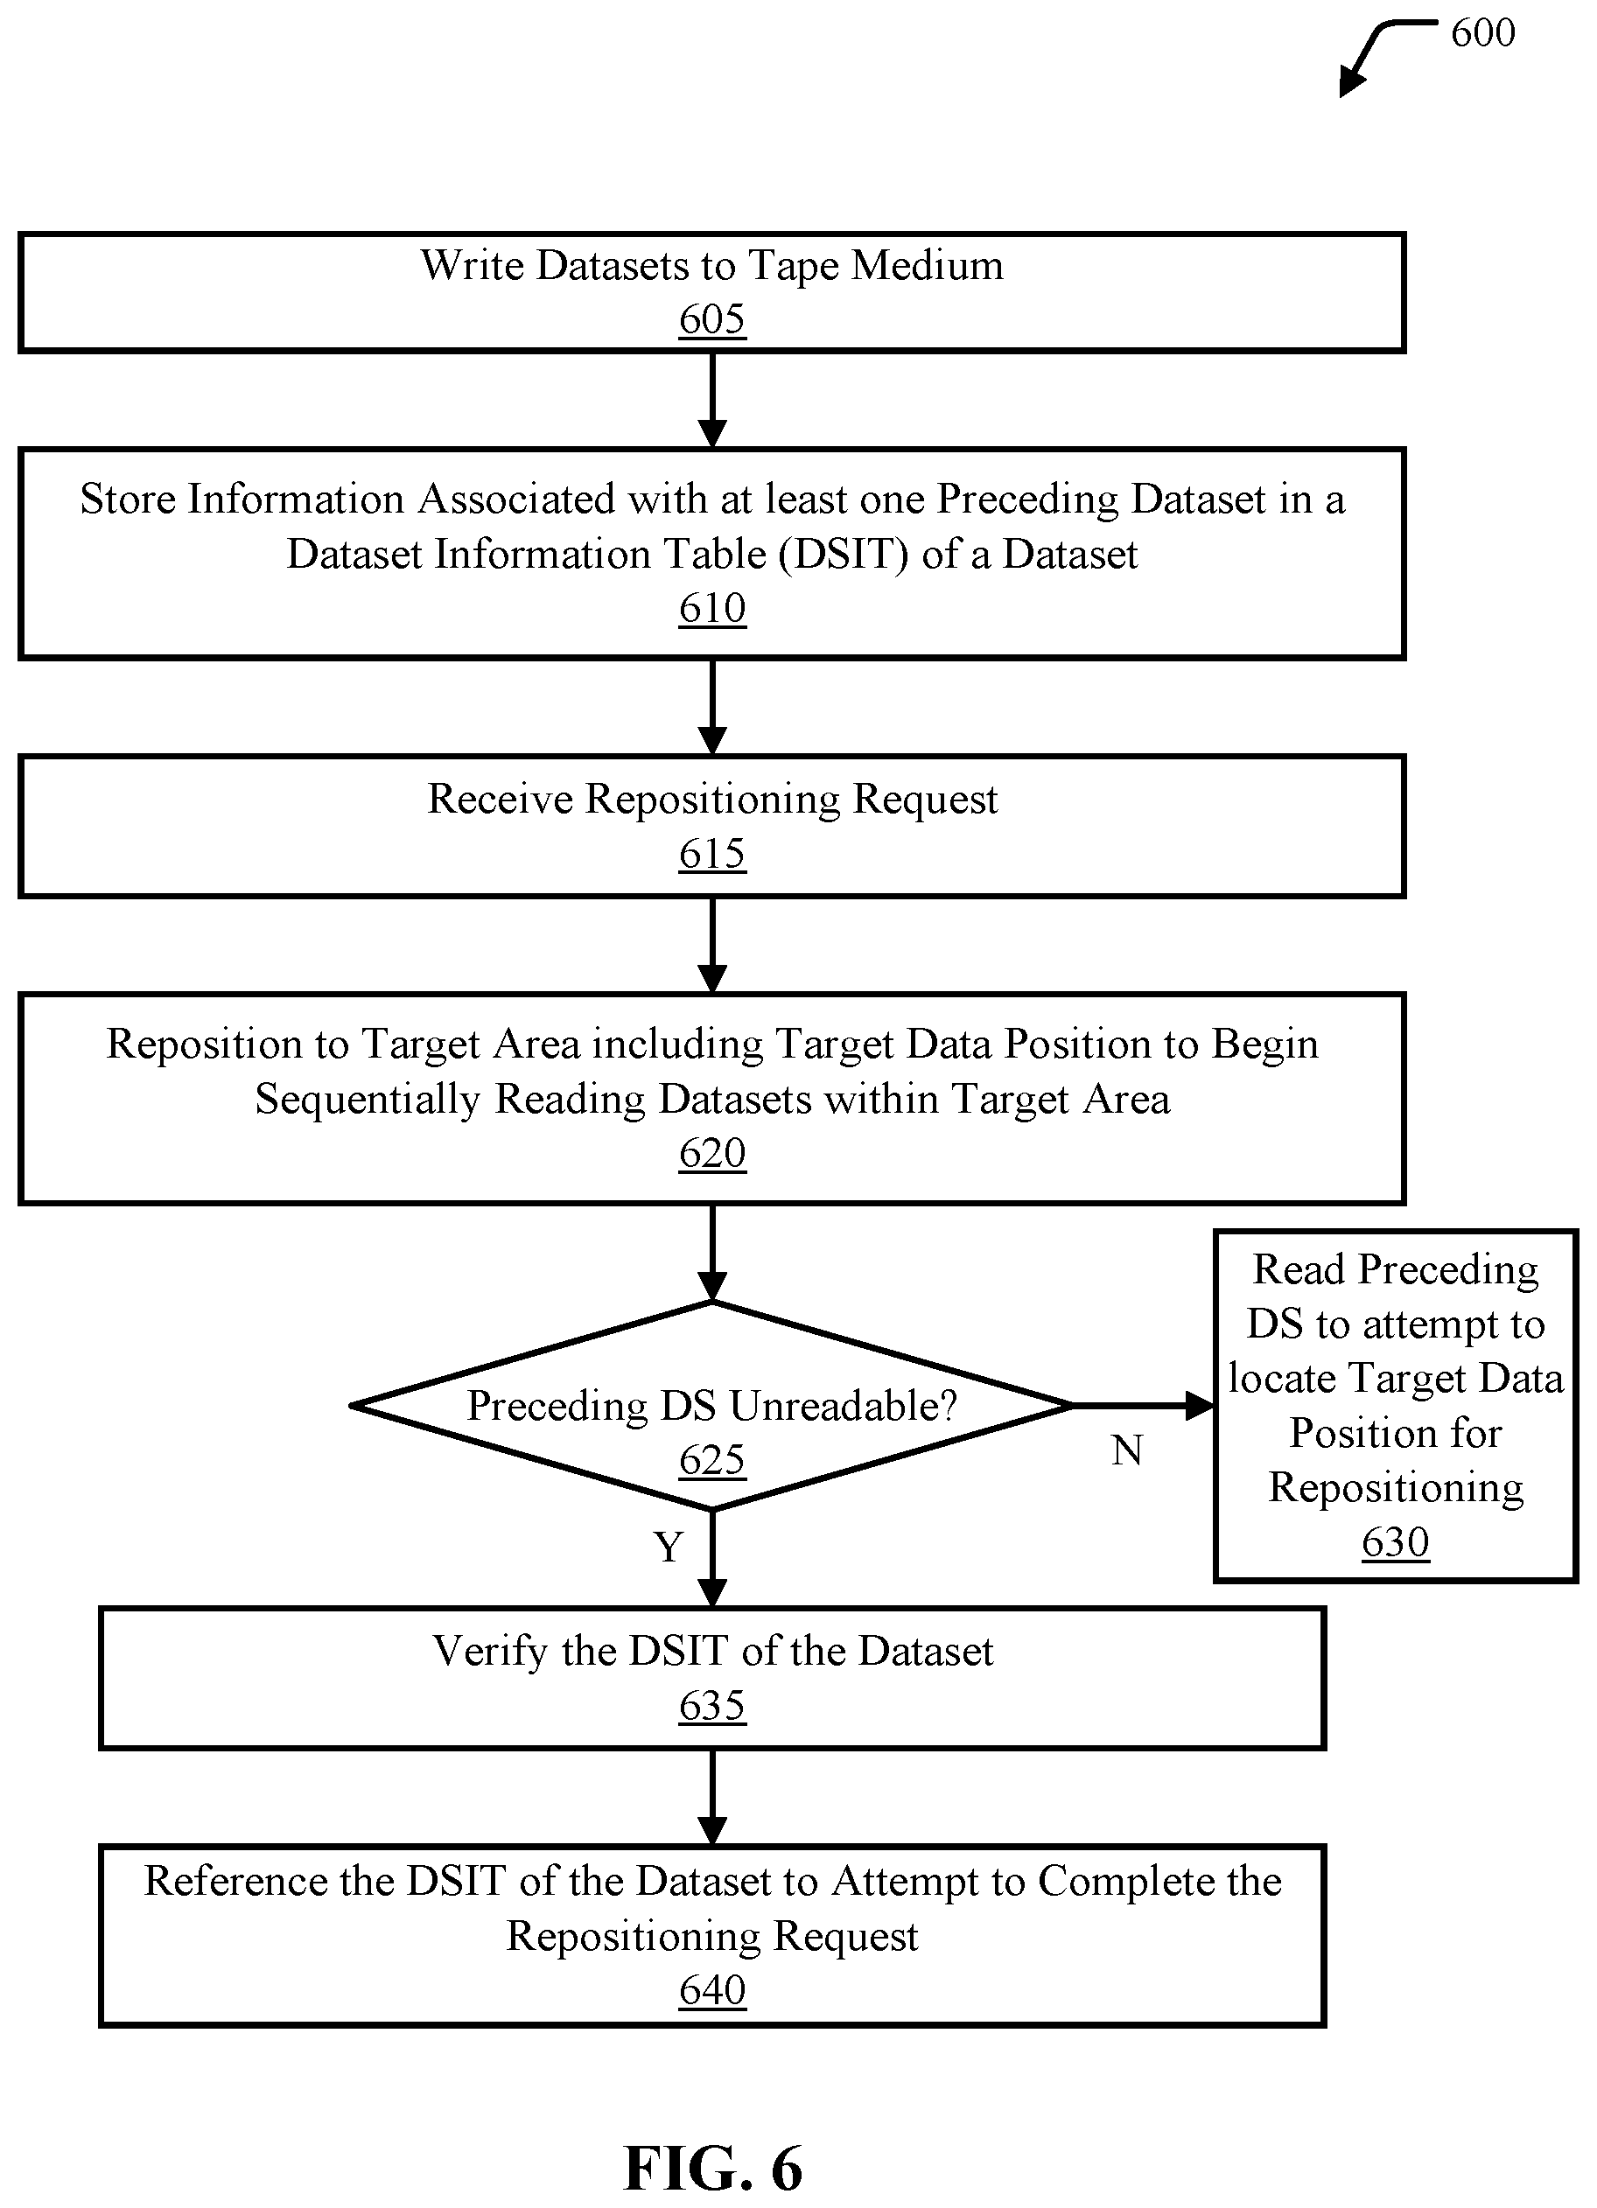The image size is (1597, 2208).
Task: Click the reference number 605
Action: [711, 319]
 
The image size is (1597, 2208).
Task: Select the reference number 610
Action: [711, 609]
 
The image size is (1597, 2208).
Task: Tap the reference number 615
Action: [711, 854]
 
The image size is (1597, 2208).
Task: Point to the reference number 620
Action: [711, 1154]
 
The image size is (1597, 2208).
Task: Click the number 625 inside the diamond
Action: [711, 1460]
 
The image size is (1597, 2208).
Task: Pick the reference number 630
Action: [1396, 1542]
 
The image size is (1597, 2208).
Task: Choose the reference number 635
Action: [711, 1706]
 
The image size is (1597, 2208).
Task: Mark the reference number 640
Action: [711, 1990]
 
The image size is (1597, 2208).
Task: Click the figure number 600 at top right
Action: [1483, 33]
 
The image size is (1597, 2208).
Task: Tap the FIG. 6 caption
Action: [713, 2168]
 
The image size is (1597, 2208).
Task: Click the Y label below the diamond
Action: [668, 1547]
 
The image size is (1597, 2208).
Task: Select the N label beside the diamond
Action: [1127, 1451]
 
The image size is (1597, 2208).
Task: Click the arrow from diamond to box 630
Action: [1142, 1406]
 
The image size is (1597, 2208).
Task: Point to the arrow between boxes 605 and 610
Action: [713, 400]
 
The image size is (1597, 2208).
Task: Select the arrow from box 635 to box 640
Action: [713, 1797]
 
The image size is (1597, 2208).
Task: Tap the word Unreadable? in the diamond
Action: [844, 1406]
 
